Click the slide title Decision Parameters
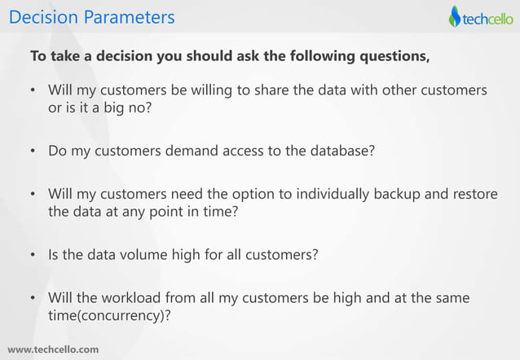click(91, 16)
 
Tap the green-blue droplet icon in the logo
click(455, 17)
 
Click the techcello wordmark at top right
click(487, 17)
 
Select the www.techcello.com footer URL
click(53, 349)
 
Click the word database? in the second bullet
click(343, 151)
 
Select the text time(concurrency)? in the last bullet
click(109, 315)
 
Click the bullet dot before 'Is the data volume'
click(33, 255)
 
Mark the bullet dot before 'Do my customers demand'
click(33, 151)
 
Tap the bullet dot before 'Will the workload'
click(33, 299)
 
